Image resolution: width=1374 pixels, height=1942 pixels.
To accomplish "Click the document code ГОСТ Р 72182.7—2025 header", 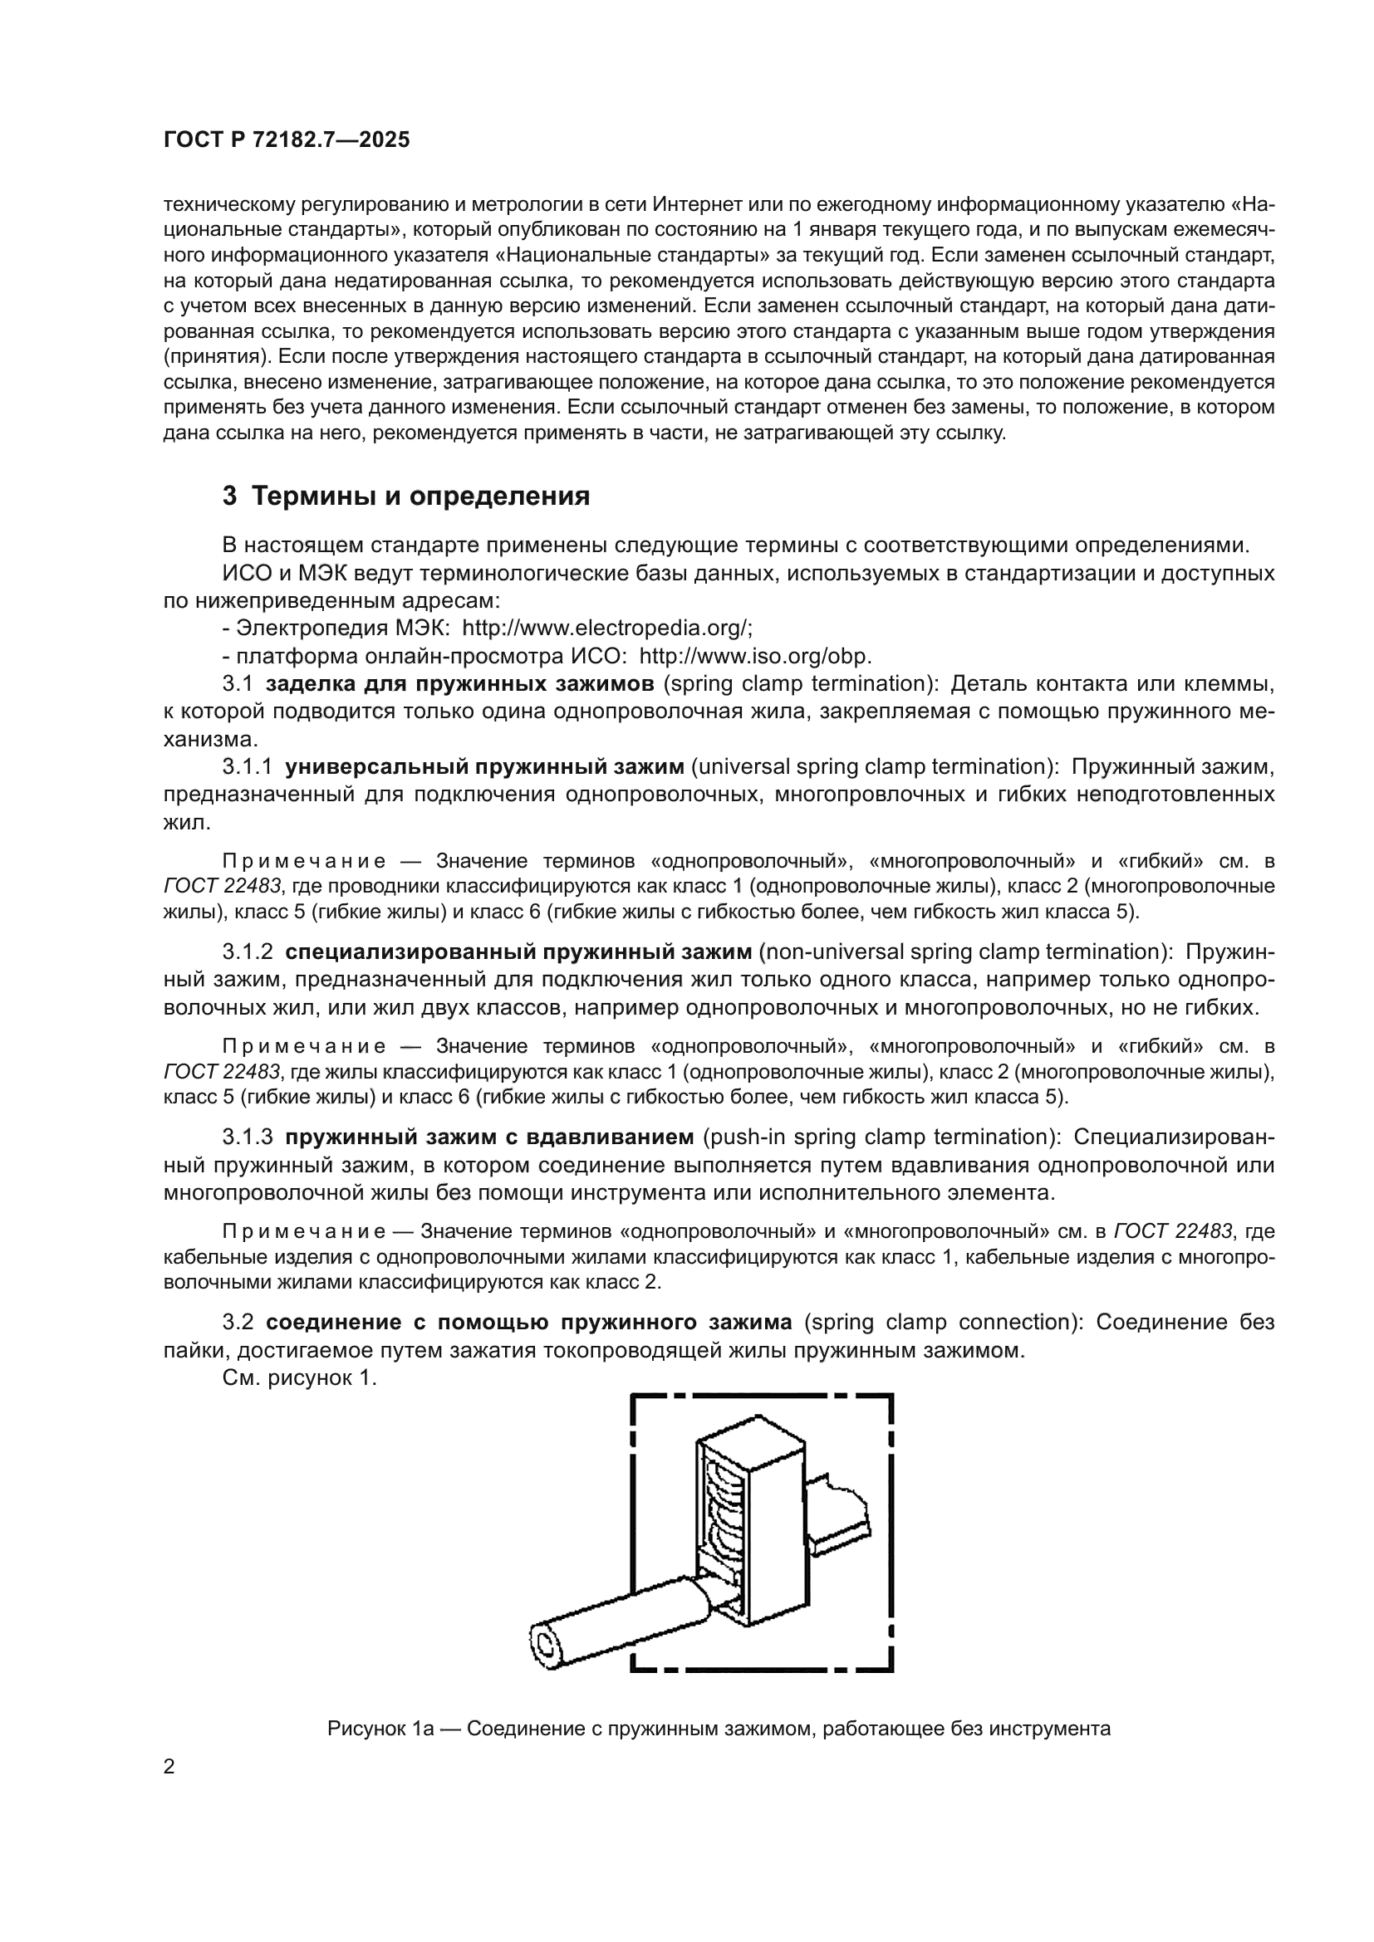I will click(x=286, y=140).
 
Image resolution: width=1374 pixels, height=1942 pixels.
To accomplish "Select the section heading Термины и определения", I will click(x=420, y=496).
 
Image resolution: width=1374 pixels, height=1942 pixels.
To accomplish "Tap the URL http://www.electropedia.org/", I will click(x=606, y=629).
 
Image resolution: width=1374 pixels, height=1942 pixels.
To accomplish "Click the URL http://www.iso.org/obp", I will click(x=754, y=657).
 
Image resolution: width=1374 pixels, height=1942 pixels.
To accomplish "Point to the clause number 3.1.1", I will click(x=247, y=767).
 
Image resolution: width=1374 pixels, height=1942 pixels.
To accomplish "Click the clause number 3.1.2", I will click(x=247, y=951).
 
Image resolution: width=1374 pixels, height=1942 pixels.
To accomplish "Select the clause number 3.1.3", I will click(x=247, y=1137).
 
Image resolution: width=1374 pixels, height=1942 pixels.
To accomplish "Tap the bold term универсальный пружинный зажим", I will click(x=484, y=767).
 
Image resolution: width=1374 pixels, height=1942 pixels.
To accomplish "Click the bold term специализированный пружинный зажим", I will click(x=518, y=951).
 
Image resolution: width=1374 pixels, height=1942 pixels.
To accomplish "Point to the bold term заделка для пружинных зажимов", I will click(x=459, y=684).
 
